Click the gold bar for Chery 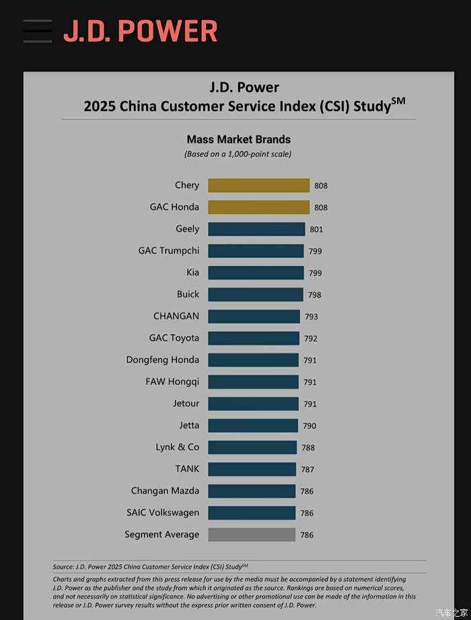coord(258,185)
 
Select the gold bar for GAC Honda coord(258,207)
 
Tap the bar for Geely coord(256,229)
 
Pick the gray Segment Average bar coord(252,535)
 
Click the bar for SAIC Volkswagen coord(252,513)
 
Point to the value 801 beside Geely coord(316,230)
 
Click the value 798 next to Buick coord(314,295)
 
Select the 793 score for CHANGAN coord(311,316)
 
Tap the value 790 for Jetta coord(310,425)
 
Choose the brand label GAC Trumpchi coord(169,250)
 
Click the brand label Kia coord(192,273)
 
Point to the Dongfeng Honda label coord(163,359)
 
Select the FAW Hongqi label coord(172,382)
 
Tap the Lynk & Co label coord(178,447)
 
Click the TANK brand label coord(187,469)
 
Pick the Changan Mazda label coord(165,491)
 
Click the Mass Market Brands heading coord(238,139)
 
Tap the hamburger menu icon coord(37,31)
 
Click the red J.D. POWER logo coord(141,31)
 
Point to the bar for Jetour coord(253,404)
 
